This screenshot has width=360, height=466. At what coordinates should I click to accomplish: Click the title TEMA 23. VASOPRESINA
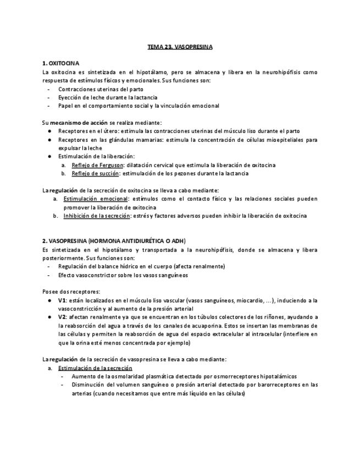point(180,48)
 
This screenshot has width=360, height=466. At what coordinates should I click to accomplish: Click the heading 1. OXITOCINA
point(60,64)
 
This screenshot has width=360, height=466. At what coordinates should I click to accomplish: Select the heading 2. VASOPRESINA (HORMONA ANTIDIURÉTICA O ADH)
point(114,241)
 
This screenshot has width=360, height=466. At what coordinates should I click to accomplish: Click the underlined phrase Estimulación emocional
point(95,198)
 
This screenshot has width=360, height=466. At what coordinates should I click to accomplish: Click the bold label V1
point(62,300)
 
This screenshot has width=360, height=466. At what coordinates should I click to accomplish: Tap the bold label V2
point(62,317)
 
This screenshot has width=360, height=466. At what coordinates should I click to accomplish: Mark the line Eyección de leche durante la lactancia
point(107,97)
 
